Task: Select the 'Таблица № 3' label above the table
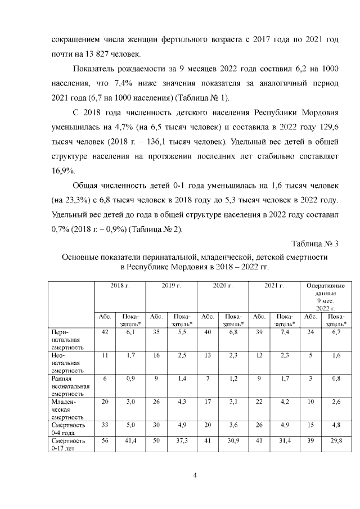click(315, 243)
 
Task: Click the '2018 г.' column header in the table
click(120, 286)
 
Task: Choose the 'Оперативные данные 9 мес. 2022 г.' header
click(325, 297)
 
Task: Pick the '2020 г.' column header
click(223, 286)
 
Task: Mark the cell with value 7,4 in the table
click(285, 333)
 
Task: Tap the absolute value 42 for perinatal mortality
click(105, 333)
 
